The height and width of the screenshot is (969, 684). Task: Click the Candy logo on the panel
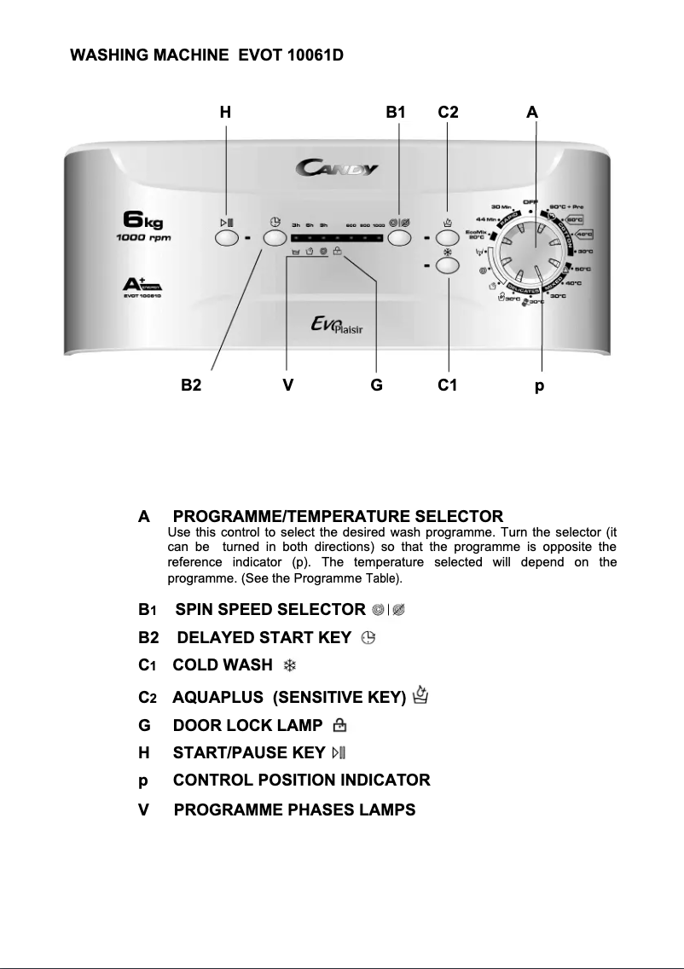pos(338,168)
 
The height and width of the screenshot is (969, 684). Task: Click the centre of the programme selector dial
pos(531,247)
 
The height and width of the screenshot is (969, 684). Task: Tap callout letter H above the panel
pos(225,112)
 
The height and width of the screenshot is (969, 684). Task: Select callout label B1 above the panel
pos(396,112)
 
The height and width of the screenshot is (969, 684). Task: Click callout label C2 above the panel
pos(449,112)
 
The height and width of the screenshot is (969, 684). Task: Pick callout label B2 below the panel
pos(191,386)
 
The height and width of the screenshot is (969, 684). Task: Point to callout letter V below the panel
pos(288,386)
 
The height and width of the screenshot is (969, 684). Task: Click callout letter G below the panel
pos(376,386)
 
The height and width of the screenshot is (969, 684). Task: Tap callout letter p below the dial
pos(539,386)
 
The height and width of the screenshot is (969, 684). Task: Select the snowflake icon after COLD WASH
pos(289,665)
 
